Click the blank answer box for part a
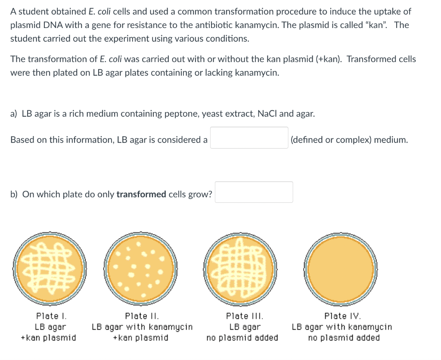249,138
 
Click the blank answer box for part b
254,192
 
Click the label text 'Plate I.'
51,316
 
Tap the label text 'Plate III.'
245,316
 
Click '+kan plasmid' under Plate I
48,338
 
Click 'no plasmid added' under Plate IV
344,338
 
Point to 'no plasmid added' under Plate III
242,338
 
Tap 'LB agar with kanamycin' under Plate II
142,327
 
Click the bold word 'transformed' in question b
141,194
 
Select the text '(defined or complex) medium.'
349,140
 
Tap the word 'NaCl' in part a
267,114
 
